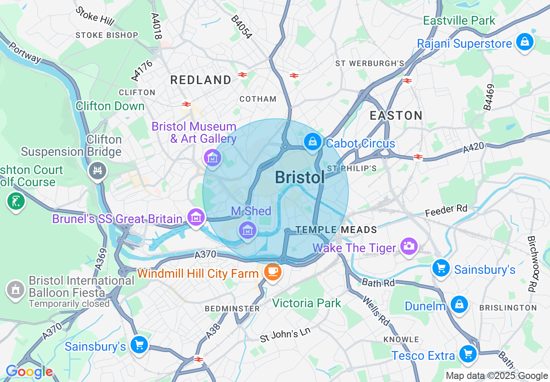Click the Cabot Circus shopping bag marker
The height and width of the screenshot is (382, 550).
pyautogui.click(x=312, y=142)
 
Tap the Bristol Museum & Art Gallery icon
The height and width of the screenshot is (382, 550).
pyautogui.click(x=213, y=158)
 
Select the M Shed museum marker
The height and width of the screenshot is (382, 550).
pyautogui.click(x=248, y=231)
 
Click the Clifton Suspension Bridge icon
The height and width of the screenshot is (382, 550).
pyautogui.click(x=97, y=171)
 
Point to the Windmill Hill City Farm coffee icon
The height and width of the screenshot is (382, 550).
pyautogui.click(x=272, y=272)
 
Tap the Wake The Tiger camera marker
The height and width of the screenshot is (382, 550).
pyautogui.click(x=409, y=247)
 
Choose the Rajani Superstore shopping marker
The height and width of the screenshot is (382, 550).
pyautogui.click(x=525, y=42)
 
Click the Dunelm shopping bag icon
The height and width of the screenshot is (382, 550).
pyautogui.click(x=458, y=304)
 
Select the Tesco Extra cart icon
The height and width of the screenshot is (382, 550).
pyautogui.click(x=468, y=354)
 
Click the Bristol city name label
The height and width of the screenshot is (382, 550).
pyautogui.click(x=300, y=178)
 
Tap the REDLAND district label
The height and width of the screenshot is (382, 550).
pyautogui.click(x=201, y=80)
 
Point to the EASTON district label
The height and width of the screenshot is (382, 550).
pyautogui.click(x=396, y=115)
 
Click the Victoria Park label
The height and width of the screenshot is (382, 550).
pyautogui.click(x=307, y=303)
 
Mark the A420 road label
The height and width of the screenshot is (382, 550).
pyautogui.click(x=473, y=148)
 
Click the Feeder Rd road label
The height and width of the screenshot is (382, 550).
pyautogui.click(x=446, y=211)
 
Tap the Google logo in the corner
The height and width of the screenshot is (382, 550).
pyautogui.click(x=29, y=372)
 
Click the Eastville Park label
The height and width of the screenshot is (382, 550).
pyautogui.click(x=459, y=20)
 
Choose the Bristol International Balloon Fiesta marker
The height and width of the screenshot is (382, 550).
pyautogui.click(x=16, y=290)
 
